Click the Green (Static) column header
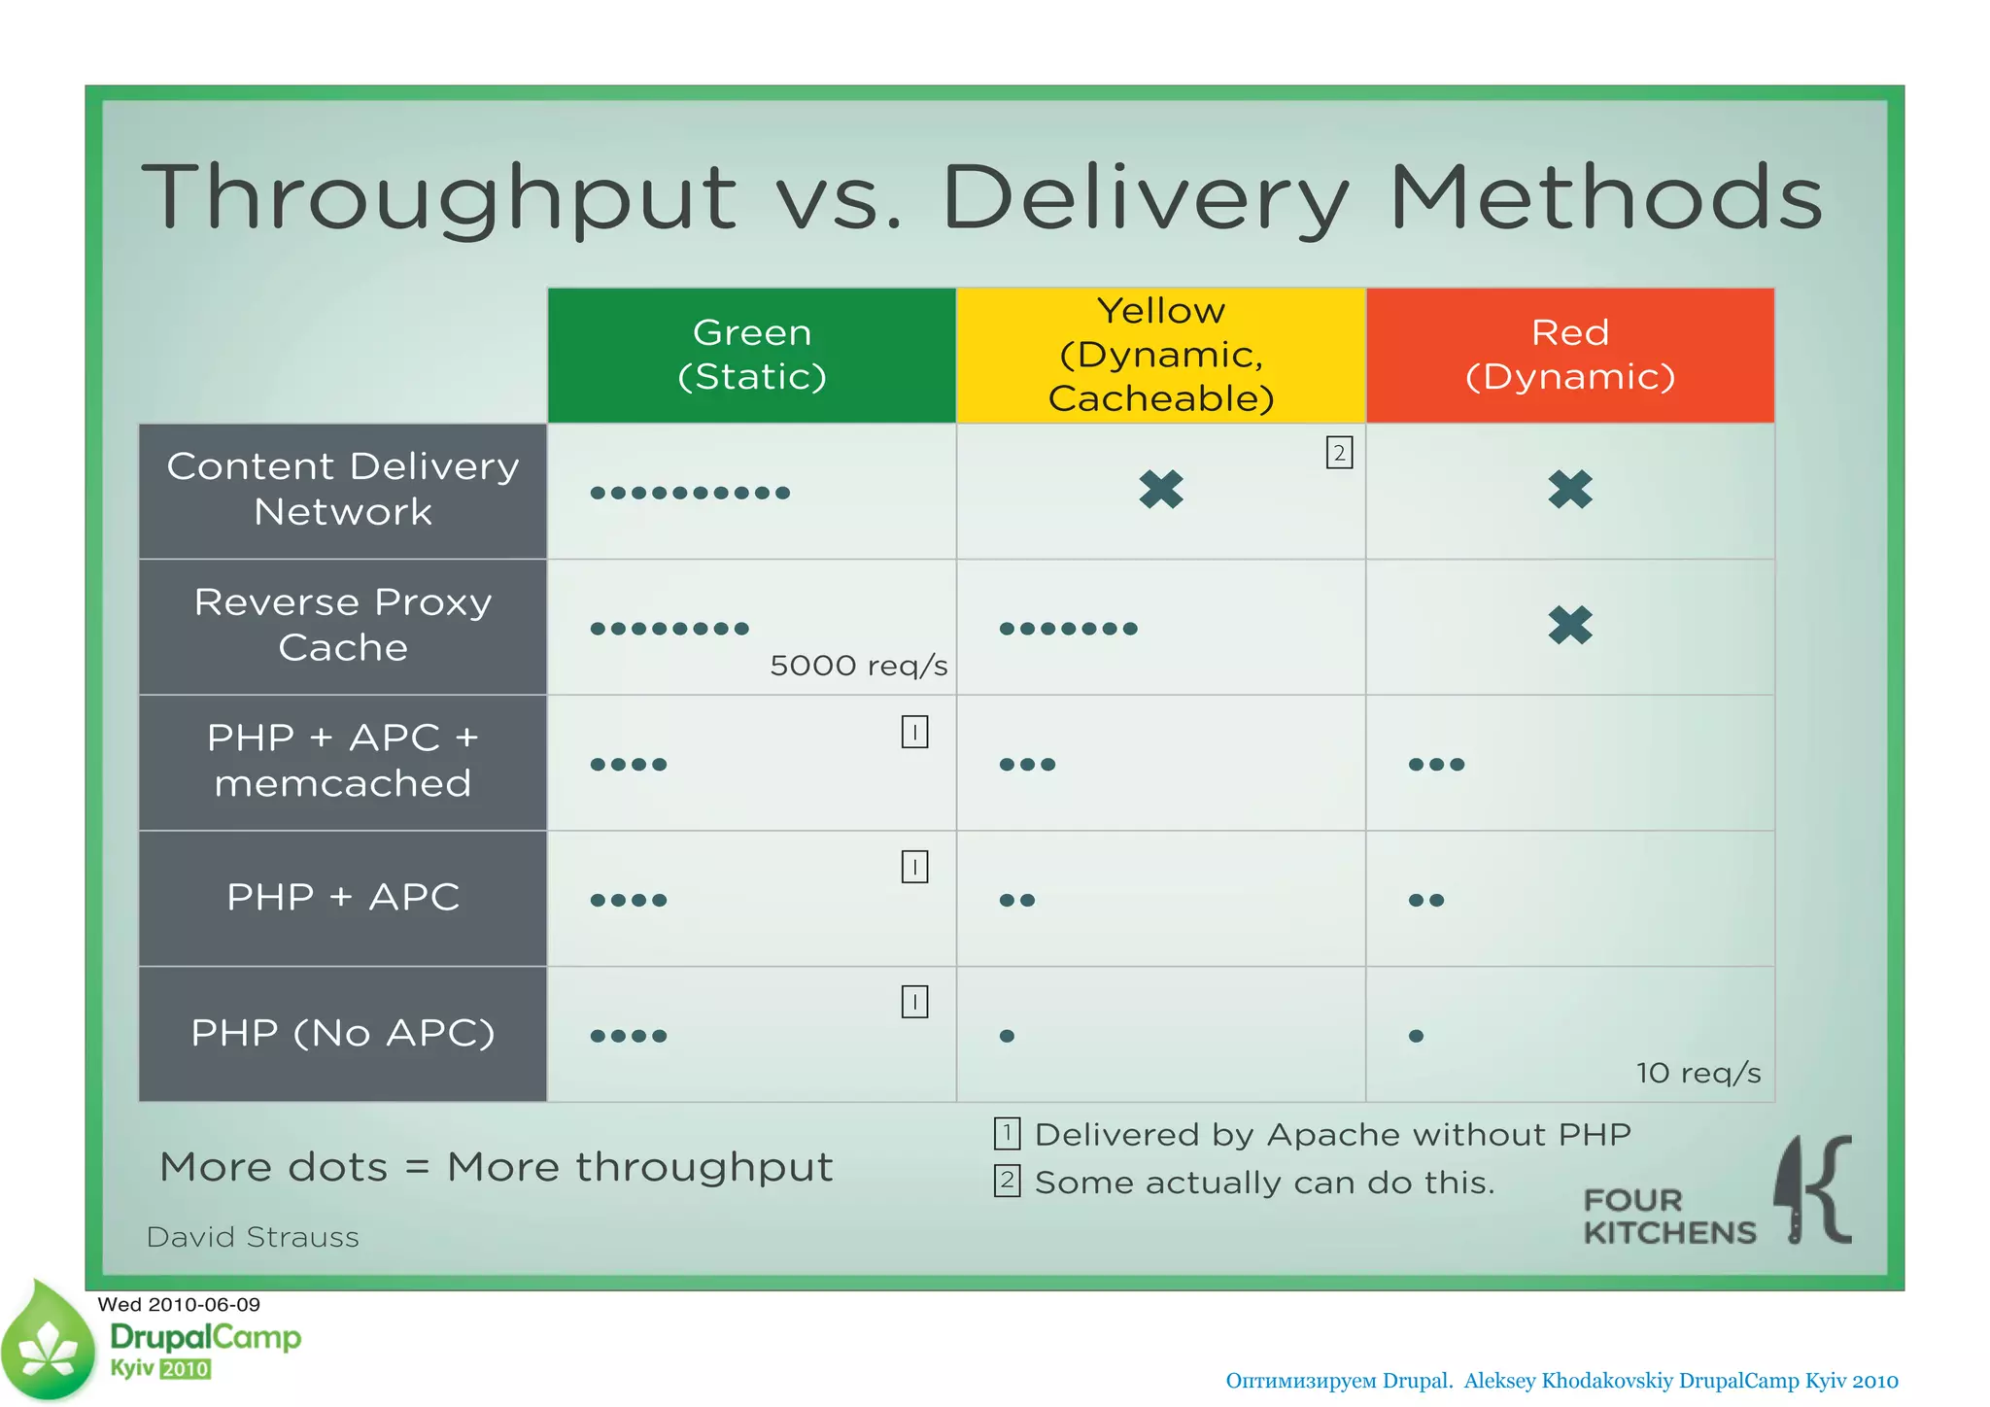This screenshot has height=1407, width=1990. (x=751, y=355)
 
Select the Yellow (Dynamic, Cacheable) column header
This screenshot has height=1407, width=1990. (x=1161, y=355)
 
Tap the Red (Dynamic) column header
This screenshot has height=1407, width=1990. (x=1570, y=355)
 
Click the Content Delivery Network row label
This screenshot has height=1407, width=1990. (x=343, y=490)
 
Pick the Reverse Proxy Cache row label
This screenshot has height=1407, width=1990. (x=343, y=626)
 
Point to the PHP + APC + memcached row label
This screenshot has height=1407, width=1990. (x=343, y=761)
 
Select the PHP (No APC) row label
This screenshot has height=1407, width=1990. (x=343, y=1033)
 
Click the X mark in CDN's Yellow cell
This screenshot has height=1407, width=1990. (x=1161, y=490)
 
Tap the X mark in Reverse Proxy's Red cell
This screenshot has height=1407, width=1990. (x=1570, y=625)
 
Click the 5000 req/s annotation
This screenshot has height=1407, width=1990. (x=858, y=666)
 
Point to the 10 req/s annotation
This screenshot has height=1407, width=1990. (x=1698, y=1073)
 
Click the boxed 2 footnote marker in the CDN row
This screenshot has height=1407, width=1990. (x=1339, y=453)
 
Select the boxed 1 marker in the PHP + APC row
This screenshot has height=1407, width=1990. (x=914, y=867)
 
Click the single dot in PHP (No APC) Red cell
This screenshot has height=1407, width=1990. (x=1416, y=1036)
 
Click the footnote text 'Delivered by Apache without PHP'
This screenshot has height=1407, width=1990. (x=1331, y=1135)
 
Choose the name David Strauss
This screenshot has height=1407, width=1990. (x=253, y=1237)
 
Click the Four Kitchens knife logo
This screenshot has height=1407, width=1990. (x=1812, y=1190)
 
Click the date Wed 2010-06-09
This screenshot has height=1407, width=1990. (x=179, y=1305)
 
